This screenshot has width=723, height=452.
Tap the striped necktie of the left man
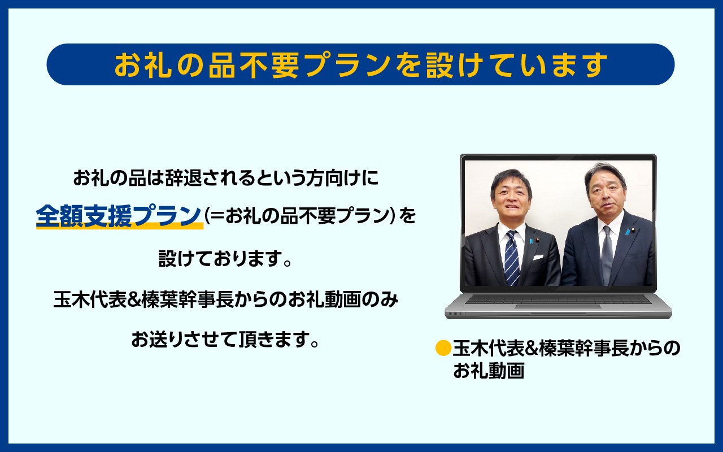click(x=511, y=257)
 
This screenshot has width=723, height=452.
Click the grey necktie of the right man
click(x=607, y=254)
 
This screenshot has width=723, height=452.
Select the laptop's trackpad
click(x=558, y=307)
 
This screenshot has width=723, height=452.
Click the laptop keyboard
click(x=558, y=299)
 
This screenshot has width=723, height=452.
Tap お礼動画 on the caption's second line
click(x=489, y=371)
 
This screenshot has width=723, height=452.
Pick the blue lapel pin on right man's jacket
click(x=628, y=232)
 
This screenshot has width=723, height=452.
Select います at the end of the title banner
click(x=569, y=65)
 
